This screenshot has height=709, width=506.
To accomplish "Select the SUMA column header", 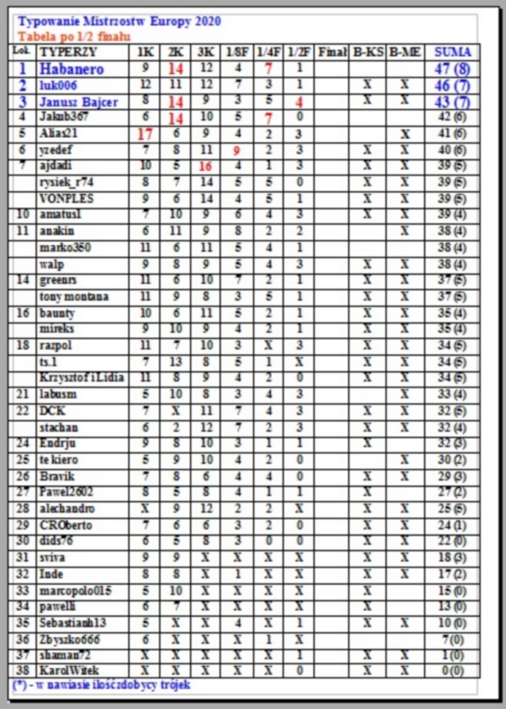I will (453, 52).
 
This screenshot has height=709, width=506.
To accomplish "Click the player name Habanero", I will (71, 68).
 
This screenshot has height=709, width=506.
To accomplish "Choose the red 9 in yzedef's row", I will (236, 150).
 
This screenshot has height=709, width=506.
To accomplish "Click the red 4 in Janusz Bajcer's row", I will (299, 101).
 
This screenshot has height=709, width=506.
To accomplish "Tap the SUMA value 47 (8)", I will (454, 68).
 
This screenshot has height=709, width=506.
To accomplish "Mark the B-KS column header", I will (367, 52).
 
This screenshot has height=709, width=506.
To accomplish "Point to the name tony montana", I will (73, 297).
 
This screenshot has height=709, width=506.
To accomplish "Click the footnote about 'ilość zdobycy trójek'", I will (101, 684).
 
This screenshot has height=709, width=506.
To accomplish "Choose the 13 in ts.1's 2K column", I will (174, 362).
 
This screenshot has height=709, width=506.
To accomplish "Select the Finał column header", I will (332, 52).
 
